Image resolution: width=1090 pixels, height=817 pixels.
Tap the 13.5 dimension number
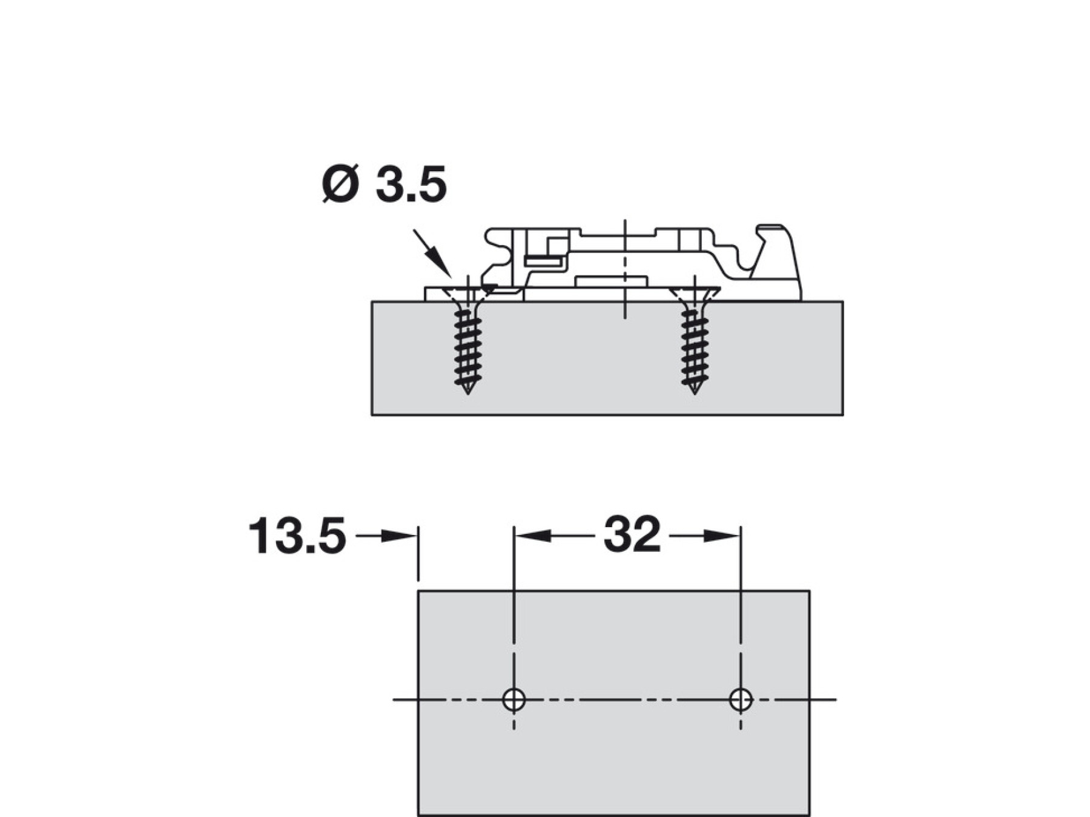[x=297, y=536]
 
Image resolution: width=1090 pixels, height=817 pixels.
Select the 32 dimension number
[x=632, y=534]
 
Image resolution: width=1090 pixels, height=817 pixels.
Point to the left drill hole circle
[x=514, y=691]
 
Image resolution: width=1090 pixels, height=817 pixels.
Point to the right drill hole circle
[x=741, y=691]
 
